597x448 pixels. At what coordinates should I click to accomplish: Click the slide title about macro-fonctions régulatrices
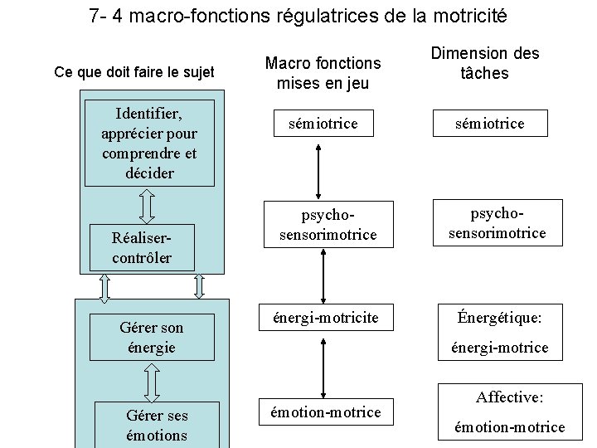(298, 16)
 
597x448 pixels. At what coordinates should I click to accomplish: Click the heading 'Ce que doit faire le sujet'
(133, 72)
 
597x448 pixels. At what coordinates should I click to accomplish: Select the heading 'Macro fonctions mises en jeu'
(323, 73)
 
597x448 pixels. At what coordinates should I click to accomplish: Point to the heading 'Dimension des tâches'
(484, 63)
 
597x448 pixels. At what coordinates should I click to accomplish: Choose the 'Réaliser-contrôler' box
(142, 246)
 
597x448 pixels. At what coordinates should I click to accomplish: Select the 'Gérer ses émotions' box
(157, 425)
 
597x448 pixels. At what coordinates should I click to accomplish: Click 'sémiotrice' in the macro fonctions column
(323, 124)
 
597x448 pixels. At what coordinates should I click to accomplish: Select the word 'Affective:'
(509, 397)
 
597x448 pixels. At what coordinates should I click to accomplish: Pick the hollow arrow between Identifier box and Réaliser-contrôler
(147, 205)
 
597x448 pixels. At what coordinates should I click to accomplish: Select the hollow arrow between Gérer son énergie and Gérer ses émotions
(152, 381)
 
